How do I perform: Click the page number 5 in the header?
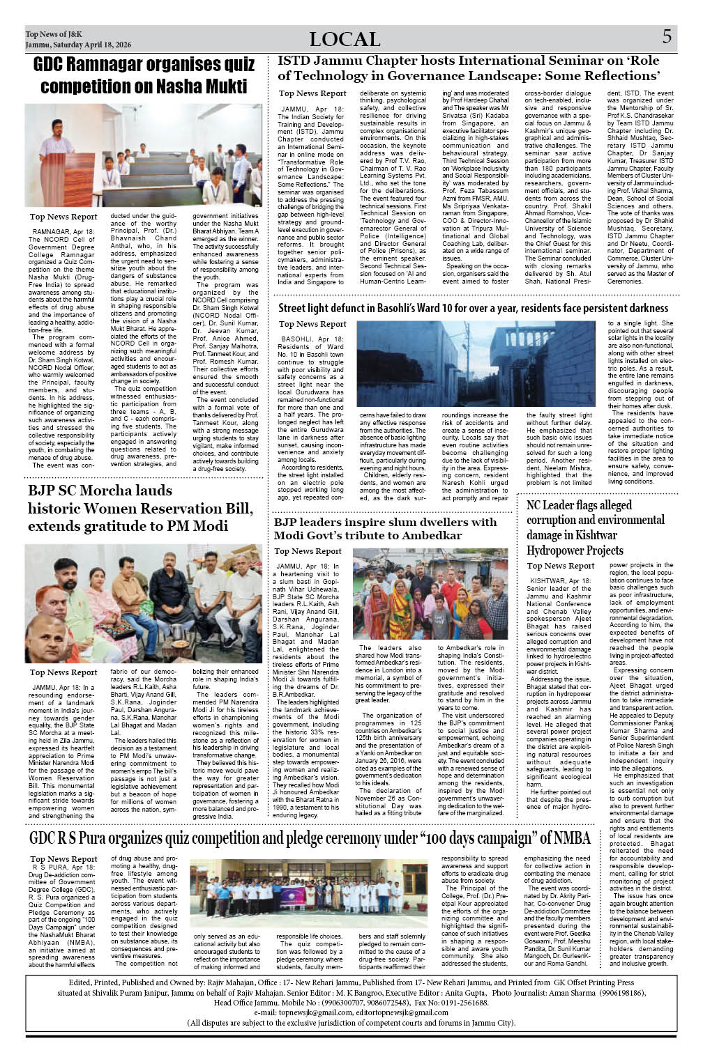click(667, 37)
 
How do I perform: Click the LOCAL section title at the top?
click(345, 39)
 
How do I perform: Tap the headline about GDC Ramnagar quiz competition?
click(144, 75)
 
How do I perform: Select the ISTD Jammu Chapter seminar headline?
click(468, 68)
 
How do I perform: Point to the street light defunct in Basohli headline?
click(473, 308)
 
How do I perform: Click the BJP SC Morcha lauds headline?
click(140, 508)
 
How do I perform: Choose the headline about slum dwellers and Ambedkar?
click(385, 528)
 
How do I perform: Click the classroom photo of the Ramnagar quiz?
click(144, 155)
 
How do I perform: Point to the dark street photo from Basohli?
click(476, 364)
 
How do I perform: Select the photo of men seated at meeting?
click(144, 603)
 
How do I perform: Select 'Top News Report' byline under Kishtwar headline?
click(560, 566)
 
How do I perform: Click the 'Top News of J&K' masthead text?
click(54, 34)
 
